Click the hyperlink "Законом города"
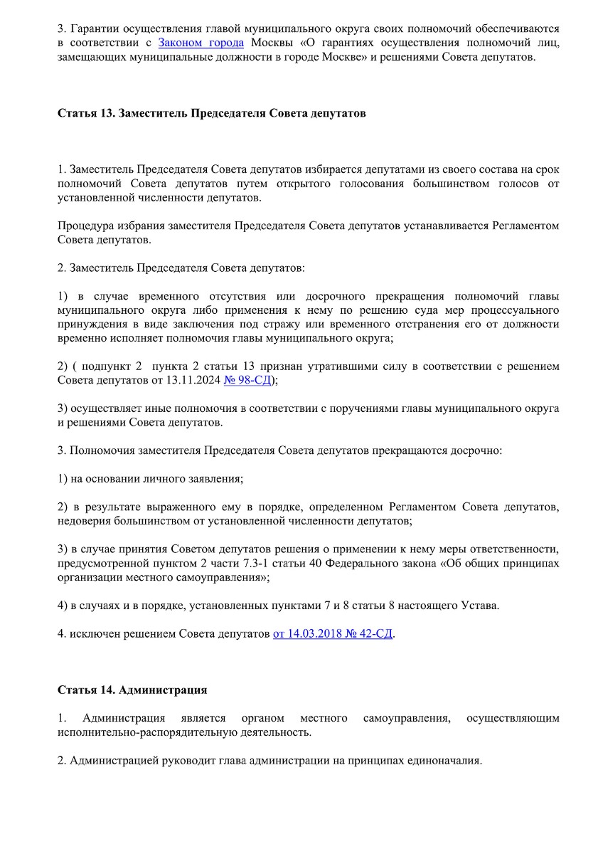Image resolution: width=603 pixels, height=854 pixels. click(201, 43)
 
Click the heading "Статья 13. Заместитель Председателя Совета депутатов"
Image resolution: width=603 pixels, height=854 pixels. click(211, 113)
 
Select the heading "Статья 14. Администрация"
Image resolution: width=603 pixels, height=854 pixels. click(132, 690)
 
